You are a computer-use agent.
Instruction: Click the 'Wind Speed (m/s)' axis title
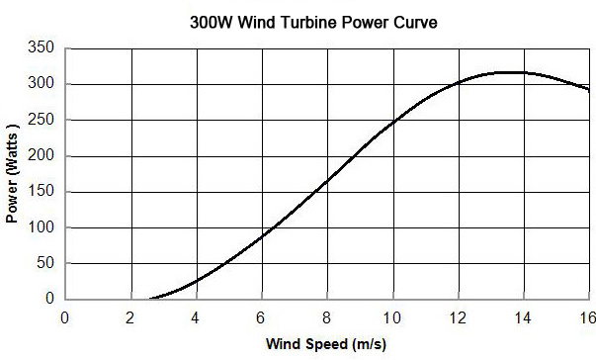pos(326,345)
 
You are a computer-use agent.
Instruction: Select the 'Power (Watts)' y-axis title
pos(13,174)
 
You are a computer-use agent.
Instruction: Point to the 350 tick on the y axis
pos(41,48)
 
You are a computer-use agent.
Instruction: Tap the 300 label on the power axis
pos(41,84)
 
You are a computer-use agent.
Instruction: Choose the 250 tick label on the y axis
pos(41,120)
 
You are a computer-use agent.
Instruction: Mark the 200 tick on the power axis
pos(41,156)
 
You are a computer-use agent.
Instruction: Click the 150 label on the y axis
pos(41,192)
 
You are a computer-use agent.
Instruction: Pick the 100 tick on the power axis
pos(41,227)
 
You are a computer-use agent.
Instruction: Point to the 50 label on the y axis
pos(44,263)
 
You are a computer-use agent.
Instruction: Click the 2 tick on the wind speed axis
pos(130,317)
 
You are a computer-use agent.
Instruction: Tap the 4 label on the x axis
pos(196,317)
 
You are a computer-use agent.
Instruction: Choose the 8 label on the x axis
pos(327,317)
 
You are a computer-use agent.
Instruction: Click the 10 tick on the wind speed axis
pos(392,317)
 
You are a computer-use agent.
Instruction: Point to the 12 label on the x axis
pos(458,317)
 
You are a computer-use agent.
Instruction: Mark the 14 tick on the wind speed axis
pos(523,317)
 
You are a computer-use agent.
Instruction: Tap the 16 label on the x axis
pos(588,317)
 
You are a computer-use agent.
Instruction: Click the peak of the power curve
pos(510,72)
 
